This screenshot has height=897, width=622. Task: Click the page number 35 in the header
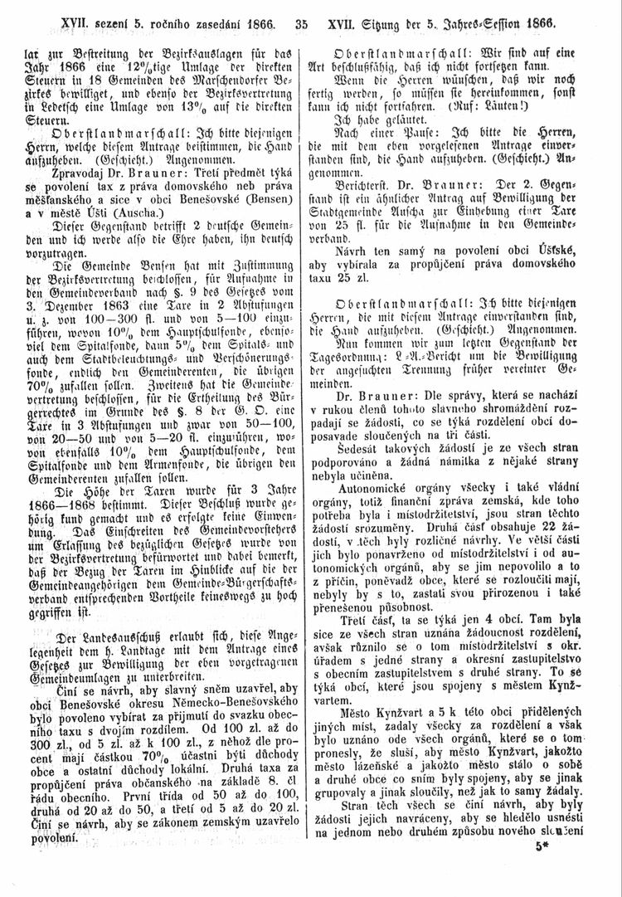point(300,15)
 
